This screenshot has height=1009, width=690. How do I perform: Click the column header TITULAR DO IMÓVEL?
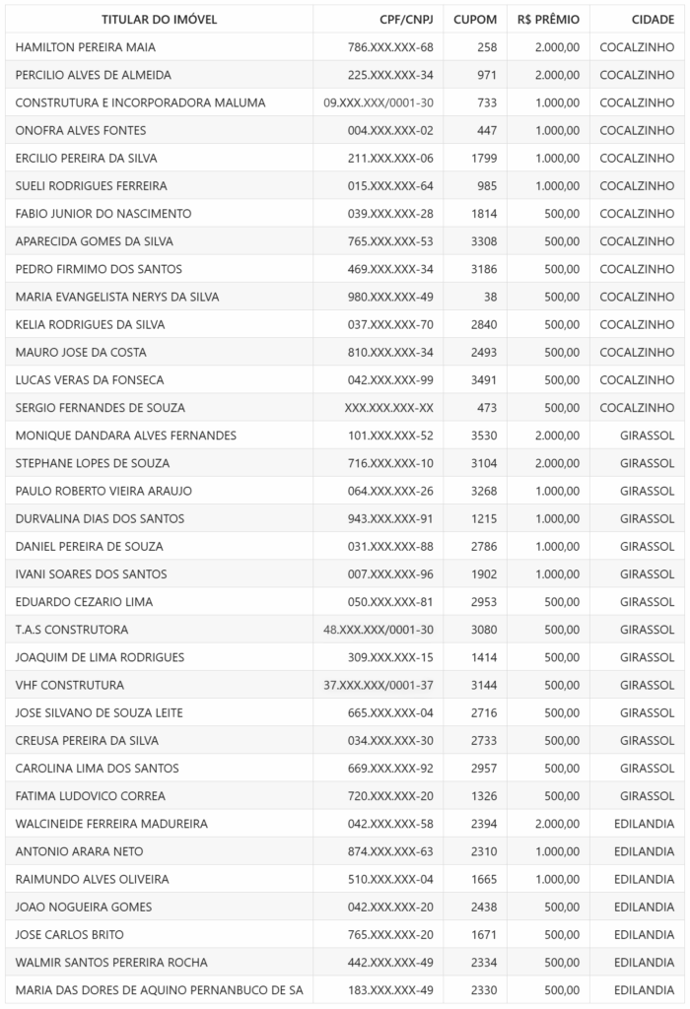point(159,20)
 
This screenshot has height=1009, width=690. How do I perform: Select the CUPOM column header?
point(475,20)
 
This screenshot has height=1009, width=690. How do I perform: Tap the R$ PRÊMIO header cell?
point(548,20)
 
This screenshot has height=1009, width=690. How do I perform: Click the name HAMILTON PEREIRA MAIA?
point(86,47)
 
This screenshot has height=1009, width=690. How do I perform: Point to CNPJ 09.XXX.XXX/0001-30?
point(379,102)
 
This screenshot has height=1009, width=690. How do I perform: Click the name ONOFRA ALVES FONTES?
point(81,130)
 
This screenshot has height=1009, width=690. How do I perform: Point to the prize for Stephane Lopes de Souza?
point(557,463)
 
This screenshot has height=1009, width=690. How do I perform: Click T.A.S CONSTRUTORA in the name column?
point(72,630)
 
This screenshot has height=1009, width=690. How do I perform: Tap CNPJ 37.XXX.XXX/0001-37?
point(379,685)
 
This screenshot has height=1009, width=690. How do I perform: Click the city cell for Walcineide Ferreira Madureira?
point(644,824)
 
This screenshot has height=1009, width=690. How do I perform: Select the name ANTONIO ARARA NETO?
point(80,851)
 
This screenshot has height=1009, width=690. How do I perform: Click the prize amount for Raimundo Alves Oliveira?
point(557,879)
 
